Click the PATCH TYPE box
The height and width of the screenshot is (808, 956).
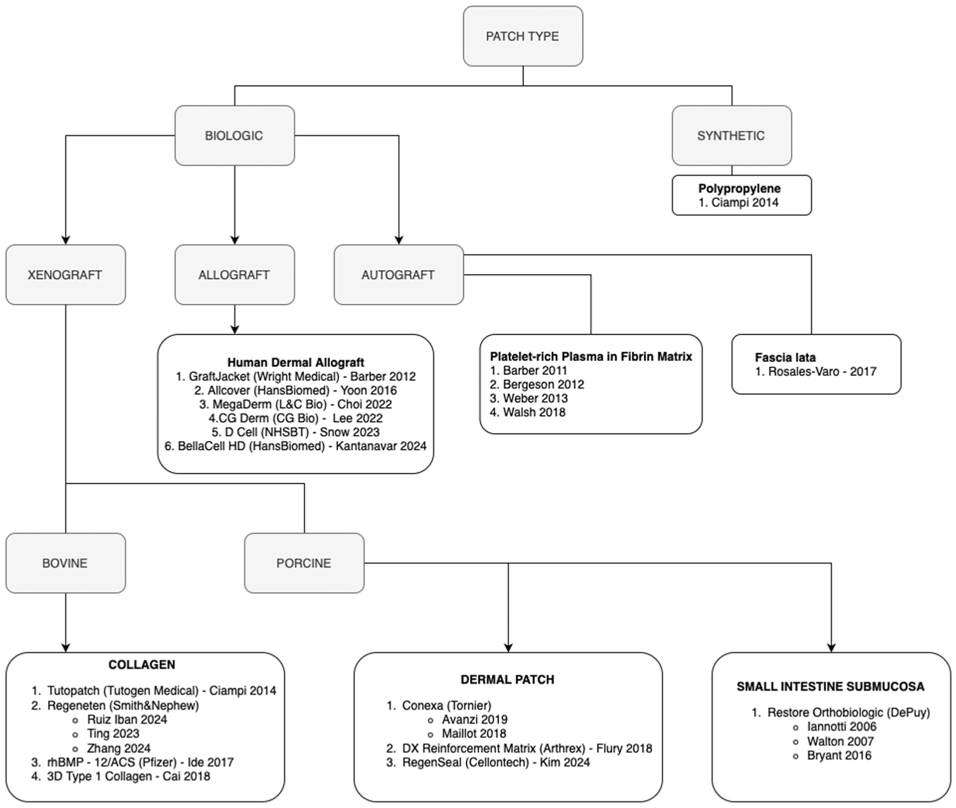(523, 36)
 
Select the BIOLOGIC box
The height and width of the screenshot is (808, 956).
(235, 135)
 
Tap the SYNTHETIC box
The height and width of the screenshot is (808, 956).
(731, 135)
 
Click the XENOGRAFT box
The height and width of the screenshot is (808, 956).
(65, 274)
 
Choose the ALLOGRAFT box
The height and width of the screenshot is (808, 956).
(235, 274)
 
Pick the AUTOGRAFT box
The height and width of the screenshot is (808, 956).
(399, 274)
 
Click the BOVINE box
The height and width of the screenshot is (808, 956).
(65, 563)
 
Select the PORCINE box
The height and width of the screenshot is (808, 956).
(304, 563)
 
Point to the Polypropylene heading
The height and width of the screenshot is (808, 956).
(739, 189)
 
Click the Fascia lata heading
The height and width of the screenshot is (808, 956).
(785, 357)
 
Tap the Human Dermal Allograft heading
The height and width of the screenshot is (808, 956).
(295, 362)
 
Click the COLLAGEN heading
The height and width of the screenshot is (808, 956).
(142, 665)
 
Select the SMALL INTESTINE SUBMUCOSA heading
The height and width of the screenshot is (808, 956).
(830, 687)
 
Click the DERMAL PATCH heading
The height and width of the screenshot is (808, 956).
(507, 680)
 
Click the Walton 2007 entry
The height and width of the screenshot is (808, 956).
(840, 742)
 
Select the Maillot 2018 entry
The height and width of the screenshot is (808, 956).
(474, 734)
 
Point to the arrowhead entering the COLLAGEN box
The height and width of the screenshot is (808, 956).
(65, 648)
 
